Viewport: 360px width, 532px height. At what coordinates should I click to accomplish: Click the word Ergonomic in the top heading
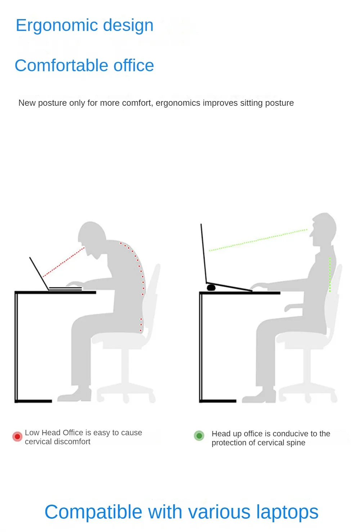point(57,26)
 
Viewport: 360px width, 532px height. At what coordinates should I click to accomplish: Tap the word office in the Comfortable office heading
point(134,65)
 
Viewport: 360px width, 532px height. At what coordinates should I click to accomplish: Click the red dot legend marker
point(17,437)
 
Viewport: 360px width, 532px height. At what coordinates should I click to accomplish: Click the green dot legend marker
point(199,436)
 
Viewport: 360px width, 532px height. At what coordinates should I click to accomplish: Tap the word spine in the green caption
point(296,443)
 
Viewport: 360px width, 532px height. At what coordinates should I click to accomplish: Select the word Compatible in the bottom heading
point(93,512)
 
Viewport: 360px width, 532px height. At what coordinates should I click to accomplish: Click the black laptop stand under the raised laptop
point(211,288)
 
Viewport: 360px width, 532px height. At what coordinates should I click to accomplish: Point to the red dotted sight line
point(63,262)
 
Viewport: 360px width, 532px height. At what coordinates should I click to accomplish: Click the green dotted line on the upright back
point(330,274)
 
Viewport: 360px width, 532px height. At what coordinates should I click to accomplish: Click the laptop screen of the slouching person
point(39,273)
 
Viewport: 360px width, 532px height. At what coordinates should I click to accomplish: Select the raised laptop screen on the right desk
point(204,253)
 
